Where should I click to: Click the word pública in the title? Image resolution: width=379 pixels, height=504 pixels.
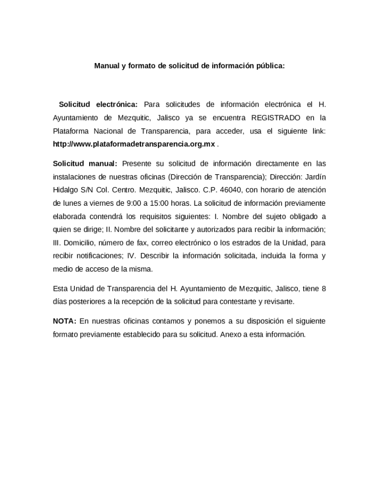coord(270,65)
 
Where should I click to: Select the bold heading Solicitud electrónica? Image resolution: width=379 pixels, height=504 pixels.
coord(98,104)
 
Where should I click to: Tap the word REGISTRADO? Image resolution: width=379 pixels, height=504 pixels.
coord(276,118)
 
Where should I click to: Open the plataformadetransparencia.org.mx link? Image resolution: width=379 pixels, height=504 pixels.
coord(134,145)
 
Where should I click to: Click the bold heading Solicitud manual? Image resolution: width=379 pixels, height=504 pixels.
coord(85,163)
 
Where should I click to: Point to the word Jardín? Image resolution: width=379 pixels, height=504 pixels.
coord(315,177)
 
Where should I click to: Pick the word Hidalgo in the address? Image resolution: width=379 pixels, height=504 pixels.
coord(65,190)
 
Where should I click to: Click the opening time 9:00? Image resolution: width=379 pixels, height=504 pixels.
coord(134,203)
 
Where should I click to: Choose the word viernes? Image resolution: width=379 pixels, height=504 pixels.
coord(105,203)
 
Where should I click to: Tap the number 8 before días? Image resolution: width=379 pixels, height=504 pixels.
coord(323,288)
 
